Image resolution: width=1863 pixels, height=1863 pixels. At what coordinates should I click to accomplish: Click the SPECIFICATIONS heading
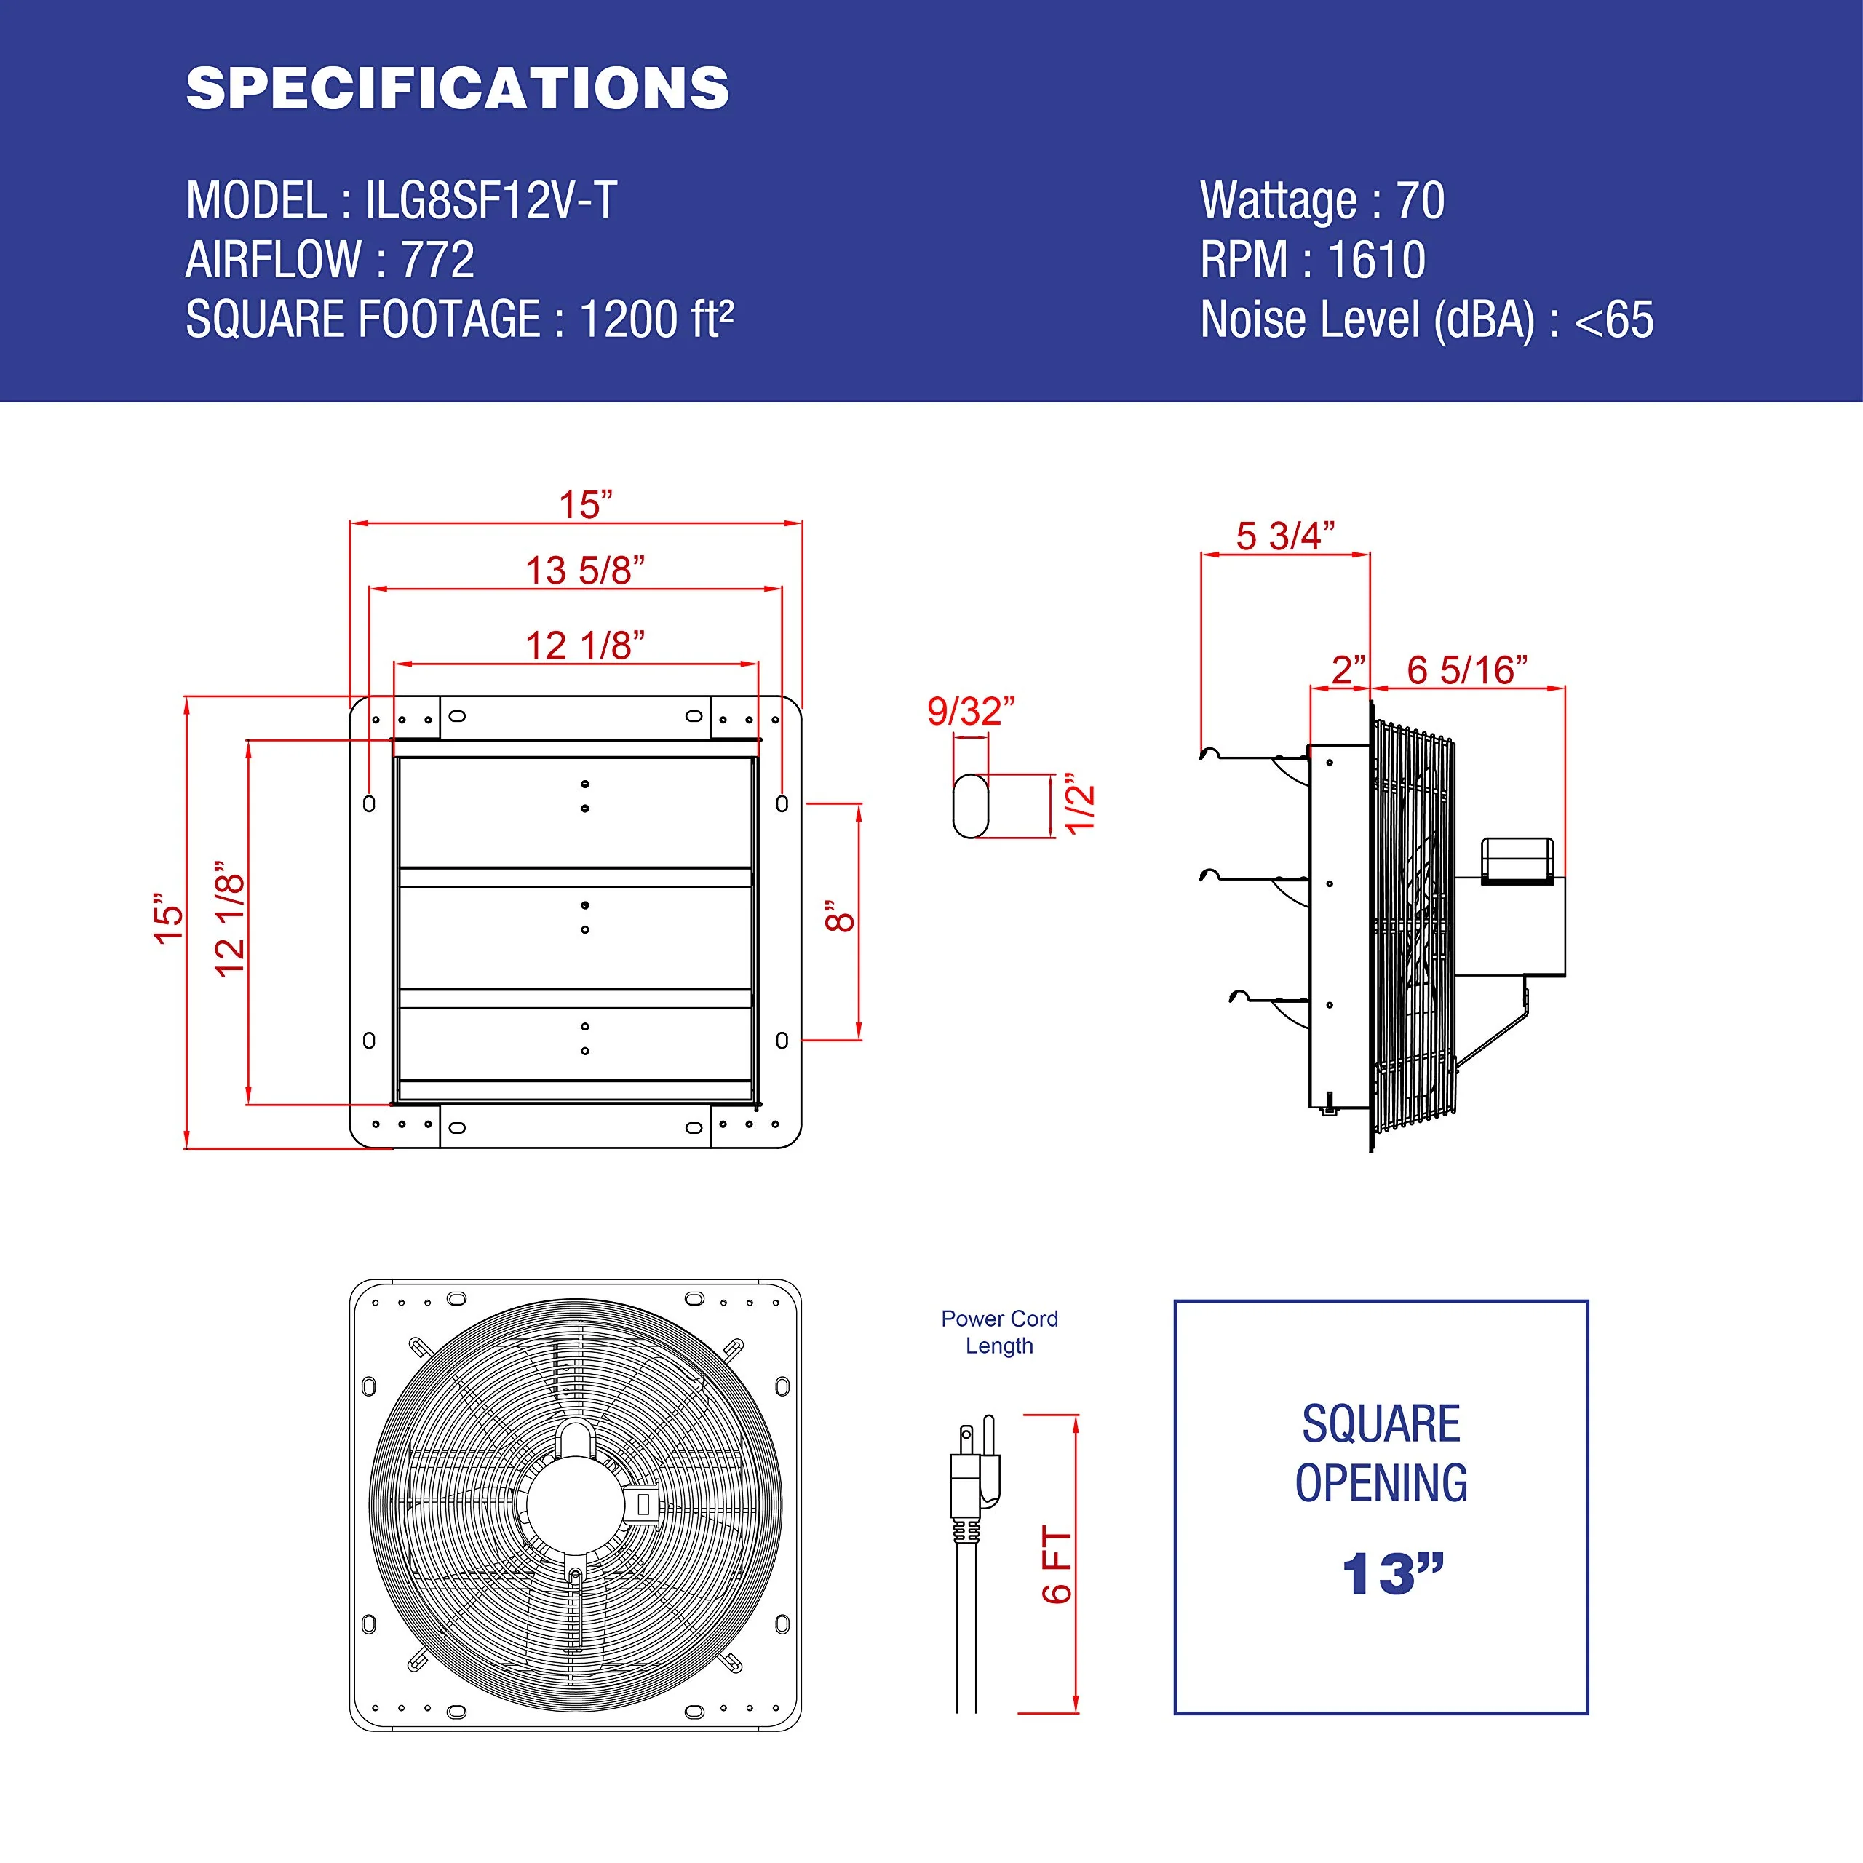458,89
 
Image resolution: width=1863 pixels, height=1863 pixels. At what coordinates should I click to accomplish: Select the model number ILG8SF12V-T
490,201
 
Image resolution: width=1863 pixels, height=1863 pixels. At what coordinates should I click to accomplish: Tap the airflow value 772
438,261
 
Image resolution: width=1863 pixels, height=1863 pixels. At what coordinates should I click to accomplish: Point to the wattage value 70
1421,201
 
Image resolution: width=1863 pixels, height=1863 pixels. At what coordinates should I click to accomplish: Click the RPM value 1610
1376,261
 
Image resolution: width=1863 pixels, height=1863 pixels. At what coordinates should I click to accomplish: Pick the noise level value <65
1613,320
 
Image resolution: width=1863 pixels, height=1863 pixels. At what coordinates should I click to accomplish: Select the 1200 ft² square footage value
656,319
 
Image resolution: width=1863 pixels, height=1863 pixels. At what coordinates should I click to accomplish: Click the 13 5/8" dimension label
584,570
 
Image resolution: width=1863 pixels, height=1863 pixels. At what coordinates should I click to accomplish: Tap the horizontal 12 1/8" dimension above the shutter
584,645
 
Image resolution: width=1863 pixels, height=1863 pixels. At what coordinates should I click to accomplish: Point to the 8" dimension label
840,916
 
